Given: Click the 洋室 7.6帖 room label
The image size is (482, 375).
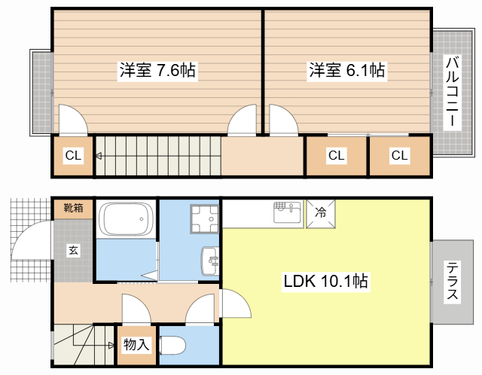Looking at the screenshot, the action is pos(157,70).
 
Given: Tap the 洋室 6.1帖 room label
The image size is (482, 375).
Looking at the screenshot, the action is pos(346,70).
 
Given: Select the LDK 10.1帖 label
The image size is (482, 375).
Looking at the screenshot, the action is pos(325,281).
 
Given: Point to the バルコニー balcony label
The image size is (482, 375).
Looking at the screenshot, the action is pos(452,91).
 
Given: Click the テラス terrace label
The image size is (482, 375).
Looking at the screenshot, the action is pos(452,280).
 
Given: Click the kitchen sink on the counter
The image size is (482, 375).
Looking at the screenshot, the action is pos(288,212).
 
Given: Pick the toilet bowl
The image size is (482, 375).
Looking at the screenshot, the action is pos(172,346).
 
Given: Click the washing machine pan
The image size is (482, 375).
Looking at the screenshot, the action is pos(205,218).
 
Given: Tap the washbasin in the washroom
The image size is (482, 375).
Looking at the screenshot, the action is pos(210,261).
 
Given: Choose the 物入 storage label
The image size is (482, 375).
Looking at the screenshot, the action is pos(136,344).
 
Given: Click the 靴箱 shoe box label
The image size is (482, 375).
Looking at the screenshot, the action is pos(73,208).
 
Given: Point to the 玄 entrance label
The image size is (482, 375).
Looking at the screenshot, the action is pos(73,250).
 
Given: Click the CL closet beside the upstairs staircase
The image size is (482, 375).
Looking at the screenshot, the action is pos(73,155).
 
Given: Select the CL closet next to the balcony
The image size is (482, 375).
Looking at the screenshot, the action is pos(399,155).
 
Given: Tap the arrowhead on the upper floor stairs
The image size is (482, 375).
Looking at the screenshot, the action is pos(99,156).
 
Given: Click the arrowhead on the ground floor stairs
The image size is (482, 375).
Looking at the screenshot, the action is pos(111,346).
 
